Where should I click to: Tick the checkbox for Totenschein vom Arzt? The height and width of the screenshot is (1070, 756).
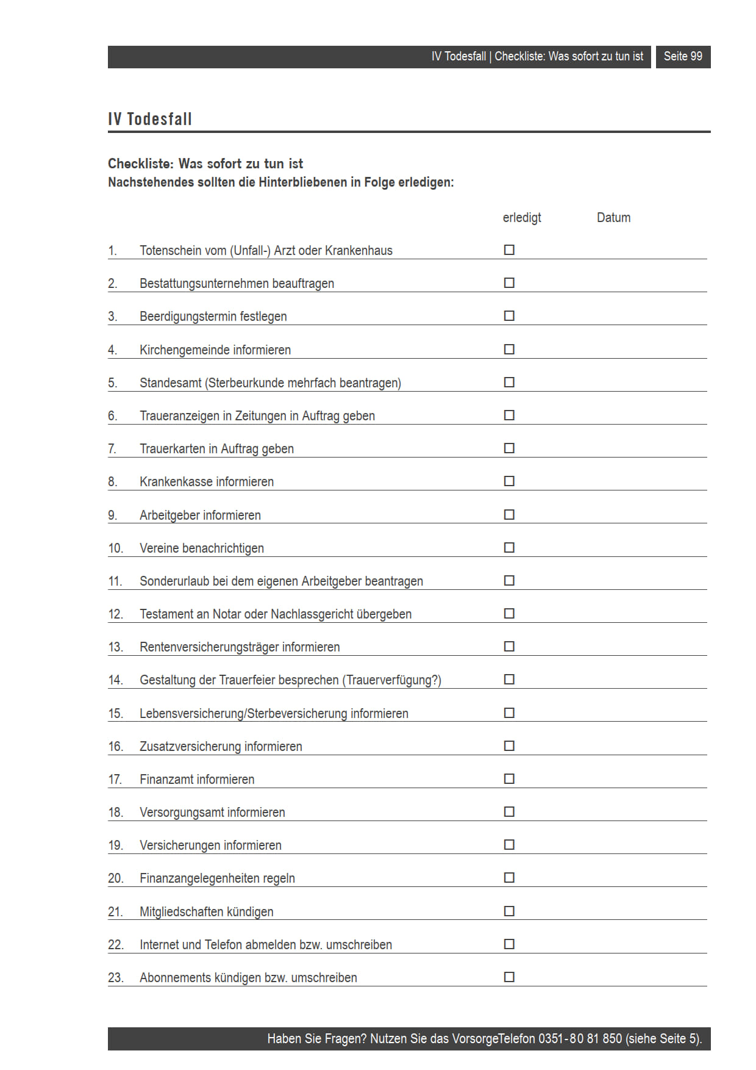[x=509, y=250]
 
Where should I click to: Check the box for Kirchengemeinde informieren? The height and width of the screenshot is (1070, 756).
[x=509, y=349]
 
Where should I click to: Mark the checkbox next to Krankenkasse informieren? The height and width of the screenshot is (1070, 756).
[x=509, y=481]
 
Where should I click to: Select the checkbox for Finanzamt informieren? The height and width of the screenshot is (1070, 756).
[x=509, y=778]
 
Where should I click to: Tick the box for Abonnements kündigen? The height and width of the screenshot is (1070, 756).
[x=509, y=977]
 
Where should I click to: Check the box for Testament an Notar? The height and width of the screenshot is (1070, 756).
[x=509, y=613]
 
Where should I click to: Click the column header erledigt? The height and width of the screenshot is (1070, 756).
[x=522, y=218]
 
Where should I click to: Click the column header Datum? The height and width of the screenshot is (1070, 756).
[x=613, y=218]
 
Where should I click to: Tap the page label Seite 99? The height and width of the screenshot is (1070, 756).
[x=683, y=57]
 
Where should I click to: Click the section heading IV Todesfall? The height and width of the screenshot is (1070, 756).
[x=150, y=119]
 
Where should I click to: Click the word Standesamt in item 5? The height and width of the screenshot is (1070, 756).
[x=170, y=383]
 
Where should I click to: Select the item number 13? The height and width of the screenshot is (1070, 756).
[x=115, y=647]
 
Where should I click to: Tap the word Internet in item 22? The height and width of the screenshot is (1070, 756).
[x=159, y=945]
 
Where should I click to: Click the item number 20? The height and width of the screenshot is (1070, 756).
[x=115, y=878]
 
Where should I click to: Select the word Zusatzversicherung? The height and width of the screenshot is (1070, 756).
[x=190, y=747]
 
